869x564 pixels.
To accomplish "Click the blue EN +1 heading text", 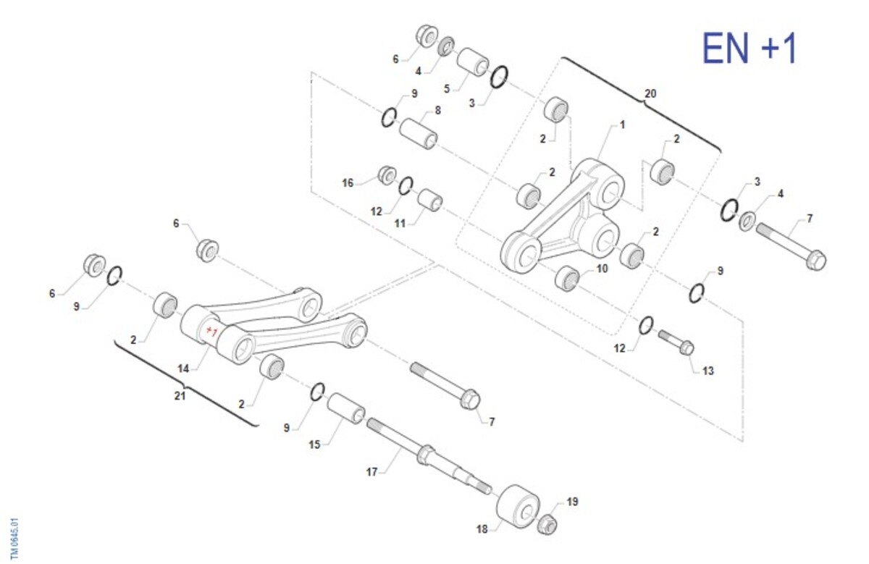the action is coord(749,49).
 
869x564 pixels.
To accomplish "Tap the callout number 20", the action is coord(650,93).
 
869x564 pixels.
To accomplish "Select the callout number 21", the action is coord(180,396).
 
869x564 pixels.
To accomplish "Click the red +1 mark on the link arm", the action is coord(211,332).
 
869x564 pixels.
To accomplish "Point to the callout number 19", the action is coord(572,502).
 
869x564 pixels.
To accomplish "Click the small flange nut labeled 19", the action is coord(547,524).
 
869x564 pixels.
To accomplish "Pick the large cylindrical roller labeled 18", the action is coord(518,506).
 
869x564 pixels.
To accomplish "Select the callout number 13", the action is coord(708,371).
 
